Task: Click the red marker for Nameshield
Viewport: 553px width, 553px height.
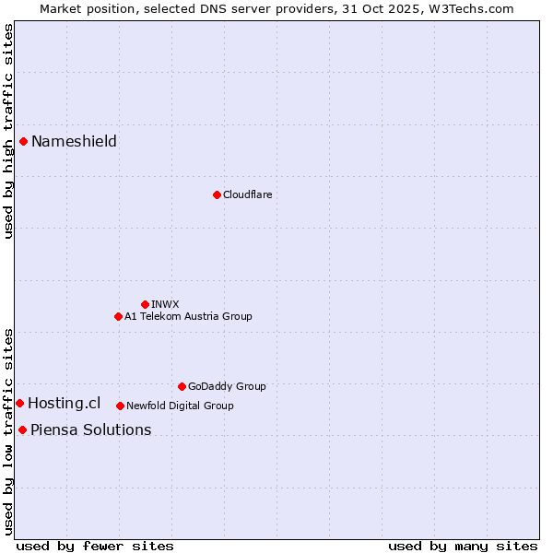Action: (24, 141)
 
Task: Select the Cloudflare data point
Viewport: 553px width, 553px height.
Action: (217, 194)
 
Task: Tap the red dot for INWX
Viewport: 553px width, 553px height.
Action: (145, 304)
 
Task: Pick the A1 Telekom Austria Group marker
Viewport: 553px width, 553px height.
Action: (118, 316)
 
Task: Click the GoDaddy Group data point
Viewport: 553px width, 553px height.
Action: (182, 386)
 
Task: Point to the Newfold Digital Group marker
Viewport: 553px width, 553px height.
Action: (120, 406)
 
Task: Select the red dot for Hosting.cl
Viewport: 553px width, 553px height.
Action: (19, 403)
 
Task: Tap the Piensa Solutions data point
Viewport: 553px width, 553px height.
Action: (22, 429)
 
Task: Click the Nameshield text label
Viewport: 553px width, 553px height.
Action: (74, 141)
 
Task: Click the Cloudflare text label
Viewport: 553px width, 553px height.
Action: (247, 194)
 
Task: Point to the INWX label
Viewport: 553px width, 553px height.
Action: (165, 304)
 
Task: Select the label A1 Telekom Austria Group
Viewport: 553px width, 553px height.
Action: (188, 316)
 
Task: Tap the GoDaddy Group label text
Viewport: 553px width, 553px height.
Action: (227, 386)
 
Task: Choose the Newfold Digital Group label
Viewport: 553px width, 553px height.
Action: (180, 406)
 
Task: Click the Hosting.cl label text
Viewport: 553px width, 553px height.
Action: (64, 403)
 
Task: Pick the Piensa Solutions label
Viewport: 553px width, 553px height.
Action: (90, 429)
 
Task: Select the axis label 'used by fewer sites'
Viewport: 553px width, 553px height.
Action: (95, 546)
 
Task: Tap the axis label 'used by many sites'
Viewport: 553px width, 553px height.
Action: (463, 546)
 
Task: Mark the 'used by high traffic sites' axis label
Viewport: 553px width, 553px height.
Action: (8, 131)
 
